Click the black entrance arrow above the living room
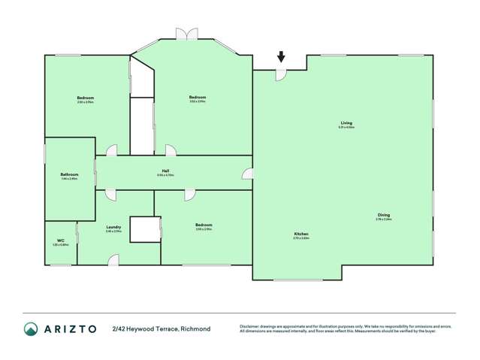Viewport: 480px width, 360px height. [x=280, y=56]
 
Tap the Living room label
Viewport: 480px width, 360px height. [x=346, y=123]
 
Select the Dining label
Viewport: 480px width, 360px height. [x=383, y=216]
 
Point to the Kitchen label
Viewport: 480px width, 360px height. [x=301, y=234]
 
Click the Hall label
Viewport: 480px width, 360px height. [x=165, y=171]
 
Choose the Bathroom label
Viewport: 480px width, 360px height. [x=69, y=175]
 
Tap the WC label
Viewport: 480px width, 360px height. [x=60, y=241]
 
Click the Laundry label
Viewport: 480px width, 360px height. [x=113, y=226]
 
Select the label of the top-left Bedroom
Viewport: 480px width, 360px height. [x=85, y=98]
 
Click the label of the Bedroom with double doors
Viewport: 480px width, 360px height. [x=198, y=97]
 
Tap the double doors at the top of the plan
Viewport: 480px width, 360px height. [x=185, y=34]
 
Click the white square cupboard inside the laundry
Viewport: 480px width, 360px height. [x=144, y=229]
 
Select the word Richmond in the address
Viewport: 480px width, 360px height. [x=195, y=328]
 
